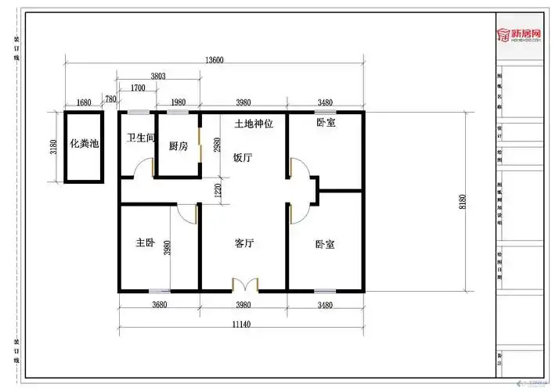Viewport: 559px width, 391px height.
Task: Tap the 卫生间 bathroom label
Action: [142, 138]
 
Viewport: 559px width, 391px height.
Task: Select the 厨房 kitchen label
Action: [178, 146]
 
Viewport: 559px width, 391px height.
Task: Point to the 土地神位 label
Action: [254, 124]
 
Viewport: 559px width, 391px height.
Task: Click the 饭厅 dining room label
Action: [243, 157]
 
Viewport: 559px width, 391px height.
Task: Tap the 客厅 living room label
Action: [244, 244]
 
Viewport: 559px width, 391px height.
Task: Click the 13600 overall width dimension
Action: [215, 60]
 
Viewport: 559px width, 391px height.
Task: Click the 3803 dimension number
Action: [158, 76]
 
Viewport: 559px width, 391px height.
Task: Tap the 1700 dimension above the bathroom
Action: [138, 88]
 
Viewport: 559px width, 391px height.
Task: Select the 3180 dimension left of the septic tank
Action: [53, 147]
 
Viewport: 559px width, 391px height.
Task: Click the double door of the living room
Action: [244, 284]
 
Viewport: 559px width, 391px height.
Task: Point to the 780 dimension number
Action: [110, 99]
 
